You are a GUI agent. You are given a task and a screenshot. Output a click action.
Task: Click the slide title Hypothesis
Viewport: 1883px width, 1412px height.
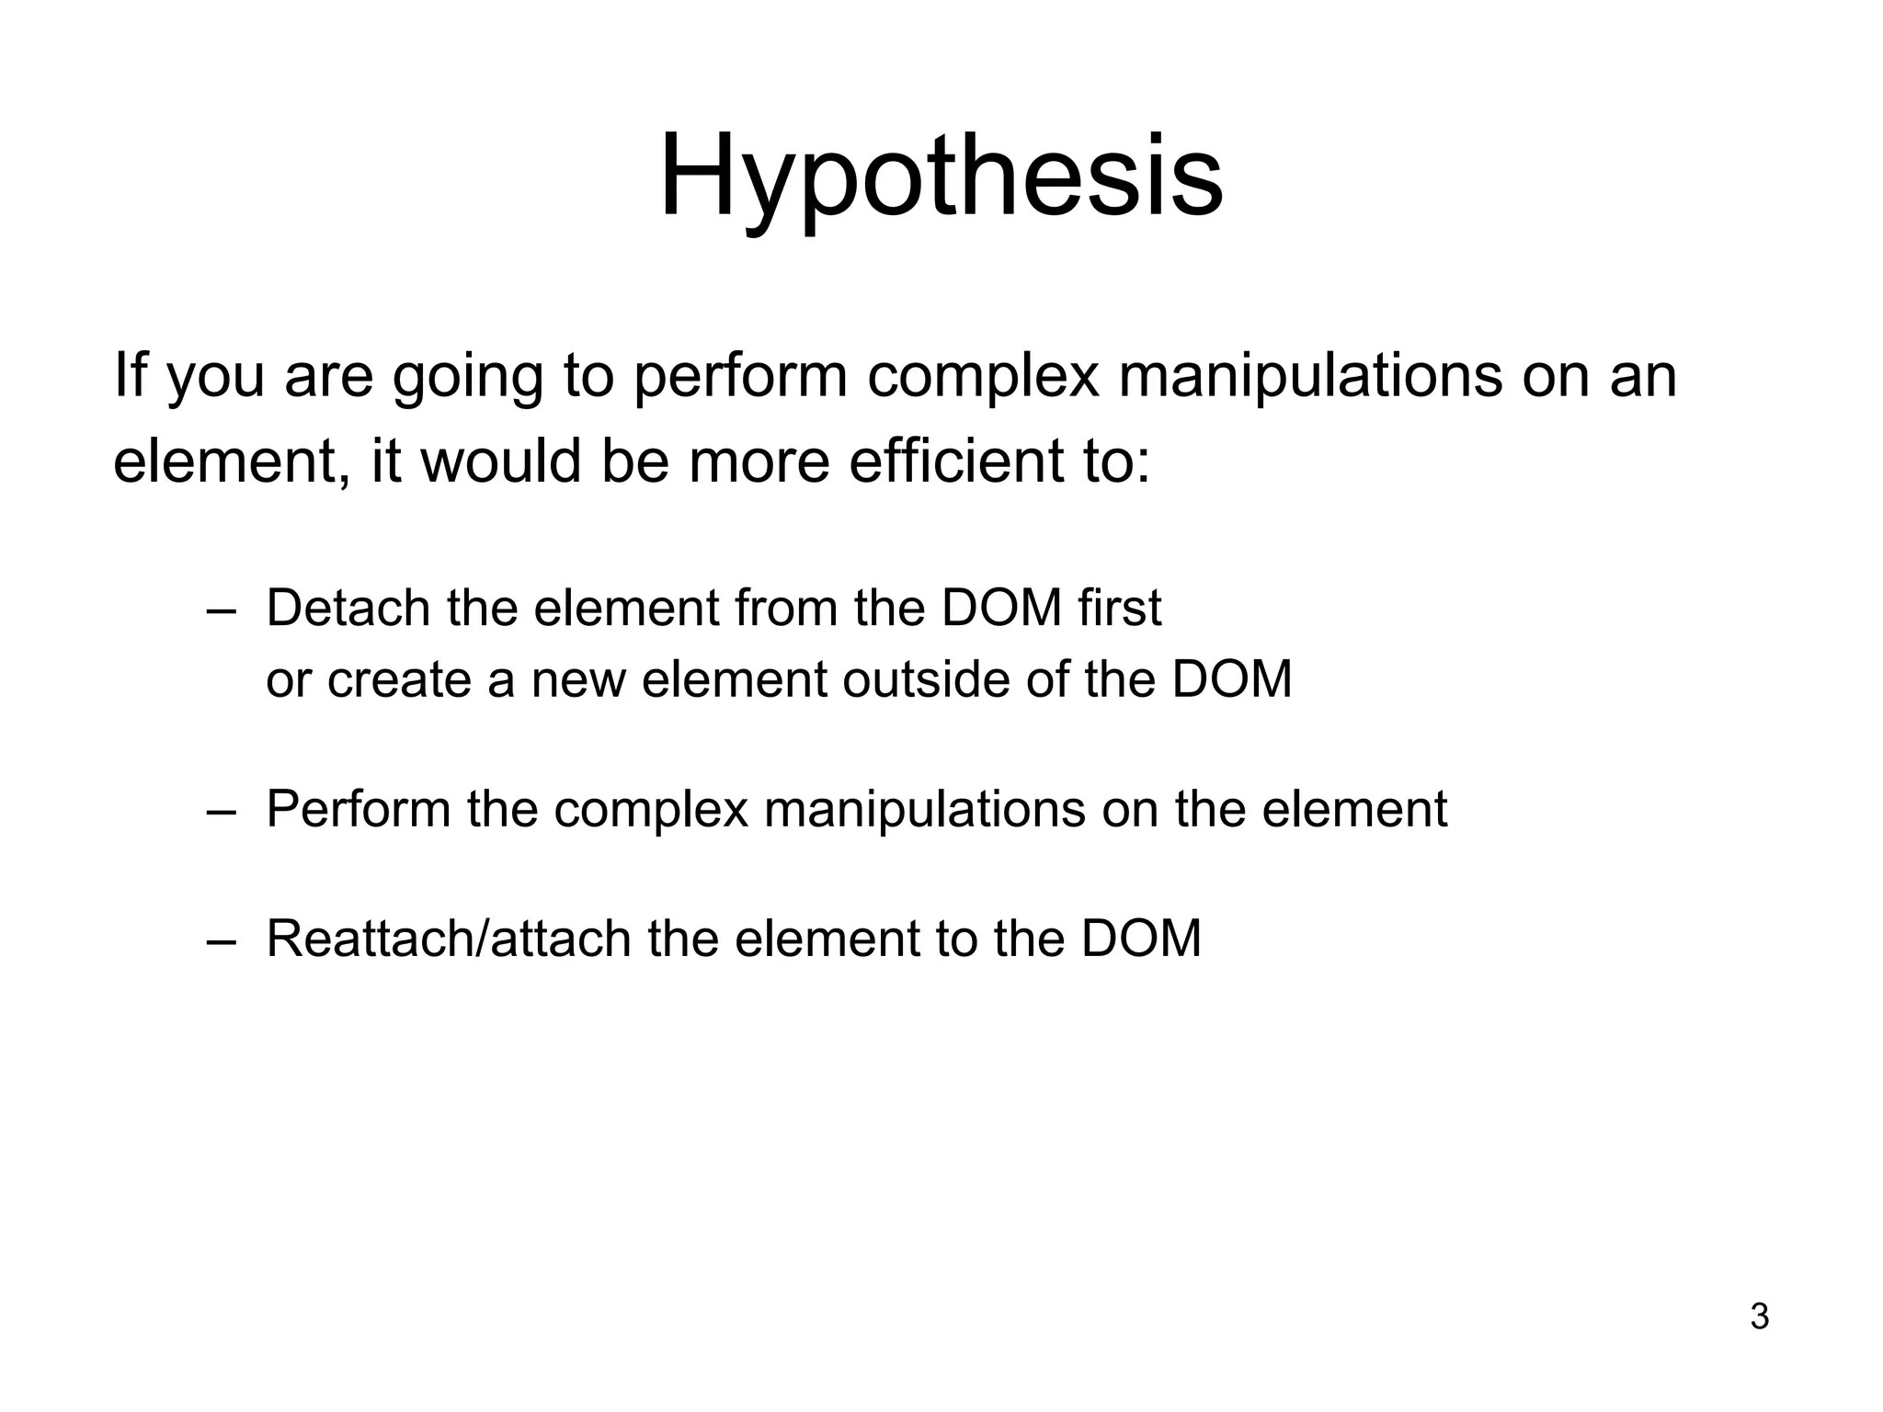click(x=941, y=176)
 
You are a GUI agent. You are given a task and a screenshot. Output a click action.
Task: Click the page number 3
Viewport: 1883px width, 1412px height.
click(x=1759, y=1316)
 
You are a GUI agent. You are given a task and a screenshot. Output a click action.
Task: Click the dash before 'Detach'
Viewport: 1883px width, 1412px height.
click(x=222, y=610)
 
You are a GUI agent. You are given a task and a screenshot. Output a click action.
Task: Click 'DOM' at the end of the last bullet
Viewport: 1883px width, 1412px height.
click(x=1141, y=939)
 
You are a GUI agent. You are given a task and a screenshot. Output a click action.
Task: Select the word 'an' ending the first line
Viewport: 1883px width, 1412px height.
click(x=1644, y=377)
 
